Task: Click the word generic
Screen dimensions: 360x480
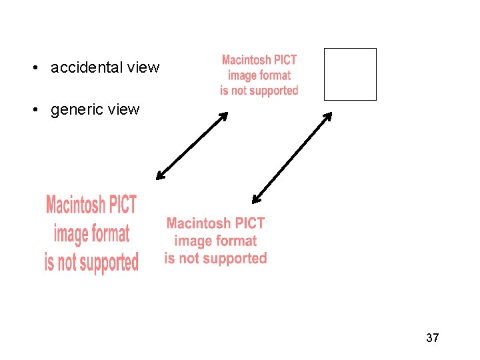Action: point(77,109)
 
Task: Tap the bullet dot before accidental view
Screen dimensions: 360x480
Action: point(33,68)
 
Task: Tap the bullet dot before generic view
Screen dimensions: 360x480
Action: point(33,110)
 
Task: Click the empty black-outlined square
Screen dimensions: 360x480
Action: point(350,74)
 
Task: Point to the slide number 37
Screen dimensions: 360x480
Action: point(432,338)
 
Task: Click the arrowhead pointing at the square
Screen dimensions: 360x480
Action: point(329,115)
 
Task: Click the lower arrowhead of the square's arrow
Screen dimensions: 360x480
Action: point(255,199)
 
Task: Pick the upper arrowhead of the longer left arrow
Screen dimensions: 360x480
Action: point(224,115)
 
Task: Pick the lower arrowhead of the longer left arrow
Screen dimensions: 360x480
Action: point(159,177)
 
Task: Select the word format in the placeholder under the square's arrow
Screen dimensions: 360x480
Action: point(234,241)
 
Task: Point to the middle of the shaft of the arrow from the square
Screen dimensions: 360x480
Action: point(292,157)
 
